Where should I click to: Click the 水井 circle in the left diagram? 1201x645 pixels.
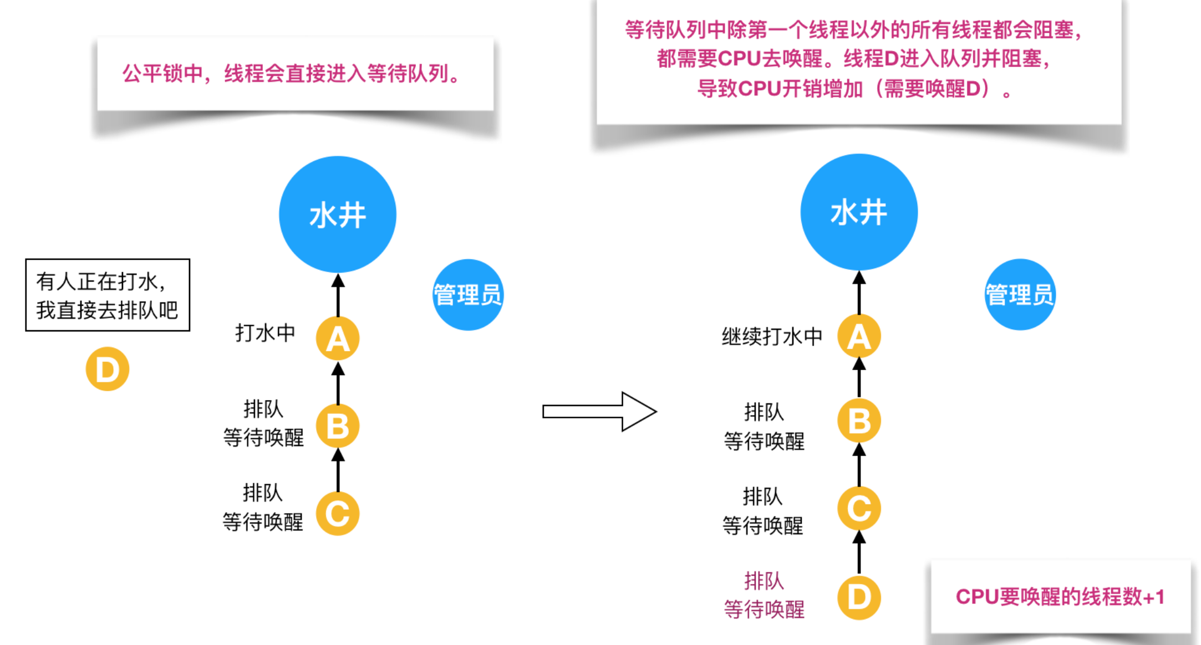click(337, 214)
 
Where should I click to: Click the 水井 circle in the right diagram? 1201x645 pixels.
click(859, 212)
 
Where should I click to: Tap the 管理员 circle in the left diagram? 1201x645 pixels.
click(467, 294)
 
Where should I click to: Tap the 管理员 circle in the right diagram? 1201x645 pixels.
click(1020, 294)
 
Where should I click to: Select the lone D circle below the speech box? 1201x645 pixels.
click(108, 369)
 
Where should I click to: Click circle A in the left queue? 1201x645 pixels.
click(338, 338)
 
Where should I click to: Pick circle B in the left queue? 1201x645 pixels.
click(338, 426)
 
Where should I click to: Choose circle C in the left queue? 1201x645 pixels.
click(338, 514)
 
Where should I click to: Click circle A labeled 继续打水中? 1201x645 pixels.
click(859, 336)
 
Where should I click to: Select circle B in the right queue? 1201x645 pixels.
click(859, 421)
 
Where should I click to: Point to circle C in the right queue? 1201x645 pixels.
click(859, 508)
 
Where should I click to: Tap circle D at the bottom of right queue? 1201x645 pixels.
click(859, 597)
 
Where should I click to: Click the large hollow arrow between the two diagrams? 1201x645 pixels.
click(599, 411)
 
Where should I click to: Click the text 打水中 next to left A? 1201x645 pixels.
click(265, 333)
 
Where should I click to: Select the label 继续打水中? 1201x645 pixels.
click(772, 336)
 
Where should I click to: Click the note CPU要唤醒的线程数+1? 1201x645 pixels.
click(1060, 597)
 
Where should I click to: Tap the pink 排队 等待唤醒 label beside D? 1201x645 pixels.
click(764, 595)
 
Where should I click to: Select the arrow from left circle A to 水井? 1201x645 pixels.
click(338, 295)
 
